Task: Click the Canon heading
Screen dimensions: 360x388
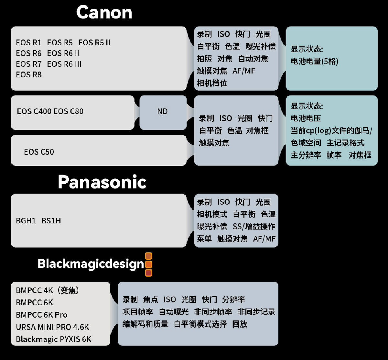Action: click(x=104, y=13)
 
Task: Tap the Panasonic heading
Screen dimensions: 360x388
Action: click(x=102, y=182)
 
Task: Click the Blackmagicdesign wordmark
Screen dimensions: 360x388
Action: click(x=91, y=264)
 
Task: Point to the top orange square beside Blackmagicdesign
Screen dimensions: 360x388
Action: click(x=149, y=256)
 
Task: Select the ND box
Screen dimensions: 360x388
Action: click(x=162, y=112)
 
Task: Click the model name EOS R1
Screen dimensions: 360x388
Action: click(x=29, y=43)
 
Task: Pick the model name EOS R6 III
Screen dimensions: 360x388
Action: click(x=64, y=64)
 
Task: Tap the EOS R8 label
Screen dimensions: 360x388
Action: click(x=29, y=75)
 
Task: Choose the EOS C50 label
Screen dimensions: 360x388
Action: click(x=39, y=152)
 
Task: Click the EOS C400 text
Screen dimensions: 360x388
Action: click(x=34, y=112)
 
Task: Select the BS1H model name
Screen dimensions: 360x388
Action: click(x=51, y=221)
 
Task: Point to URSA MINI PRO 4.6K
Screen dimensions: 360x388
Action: click(x=52, y=327)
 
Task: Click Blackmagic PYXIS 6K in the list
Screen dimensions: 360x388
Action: click(x=54, y=339)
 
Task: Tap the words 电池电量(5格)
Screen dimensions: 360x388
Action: click(x=314, y=61)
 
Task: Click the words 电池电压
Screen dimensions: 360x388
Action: click(x=306, y=118)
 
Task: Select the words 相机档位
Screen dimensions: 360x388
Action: click(x=212, y=83)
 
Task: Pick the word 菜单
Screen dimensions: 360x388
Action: click(x=204, y=239)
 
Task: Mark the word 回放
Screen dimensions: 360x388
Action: click(x=240, y=324)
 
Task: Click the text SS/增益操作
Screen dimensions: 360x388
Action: click(x=254, y=227)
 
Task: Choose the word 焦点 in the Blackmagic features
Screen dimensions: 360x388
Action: click(x=151, y=300)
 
